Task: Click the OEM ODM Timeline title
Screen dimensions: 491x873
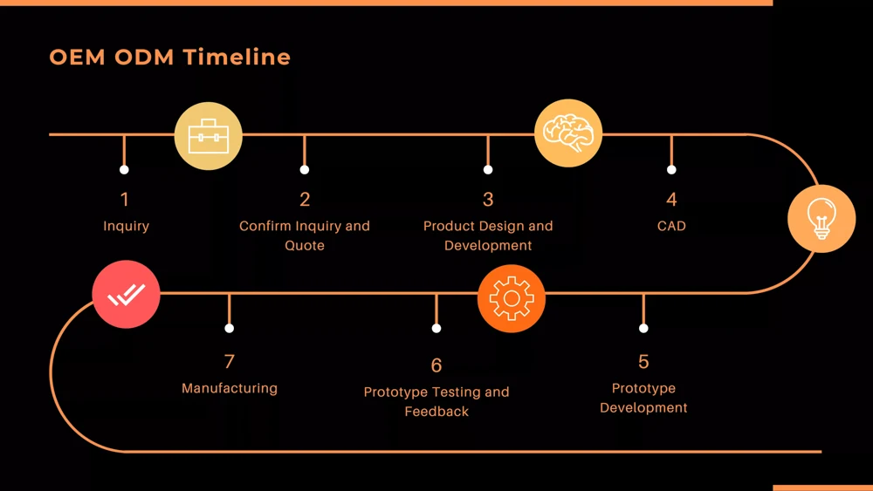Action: pyautogui.click(x=170, y=58)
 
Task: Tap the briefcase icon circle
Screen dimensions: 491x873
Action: pyautogui.click(x=209, y=135)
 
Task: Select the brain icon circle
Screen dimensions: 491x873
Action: pyautogui.click(x=568, y=133)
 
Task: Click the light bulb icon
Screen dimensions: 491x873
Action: pyautogui.click(x=821, y=219)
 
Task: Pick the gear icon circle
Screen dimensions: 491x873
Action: pyautogui.click(x=512, y=299)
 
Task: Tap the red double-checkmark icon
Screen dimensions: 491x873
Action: pyautogui.click(x=126, y=295)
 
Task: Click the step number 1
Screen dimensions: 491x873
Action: pyautogui.click(x=125, y=200)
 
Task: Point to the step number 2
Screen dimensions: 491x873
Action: pyautogui.click(x=305, y=200)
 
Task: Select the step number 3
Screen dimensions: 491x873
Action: pyautogui.click(x=488, y=200)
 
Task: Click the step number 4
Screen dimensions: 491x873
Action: pyautogui.click(x=671, y=200)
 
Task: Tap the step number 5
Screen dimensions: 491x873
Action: pyautogui.click(x=643, y=361)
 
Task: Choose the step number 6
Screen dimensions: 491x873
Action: pyautogui.click(x=436, y=365)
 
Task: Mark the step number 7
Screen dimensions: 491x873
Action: pyautogui.click(x=230, y=361)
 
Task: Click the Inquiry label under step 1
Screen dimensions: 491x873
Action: pyautogui.click(x=126, y=226)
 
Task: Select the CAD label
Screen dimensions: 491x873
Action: pyautogui.click(x=671, y=226)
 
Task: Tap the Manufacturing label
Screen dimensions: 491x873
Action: pyautogui.click(x=230, y=388)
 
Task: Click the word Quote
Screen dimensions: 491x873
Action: pyautogui.click(x=305, y=245)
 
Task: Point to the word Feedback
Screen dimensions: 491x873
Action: pyautogui.click(x=436, y=411)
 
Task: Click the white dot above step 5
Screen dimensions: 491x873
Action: pyautogui.click(x=643, y=328)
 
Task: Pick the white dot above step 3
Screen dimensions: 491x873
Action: pyautogui.click(x=488, y=169)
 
